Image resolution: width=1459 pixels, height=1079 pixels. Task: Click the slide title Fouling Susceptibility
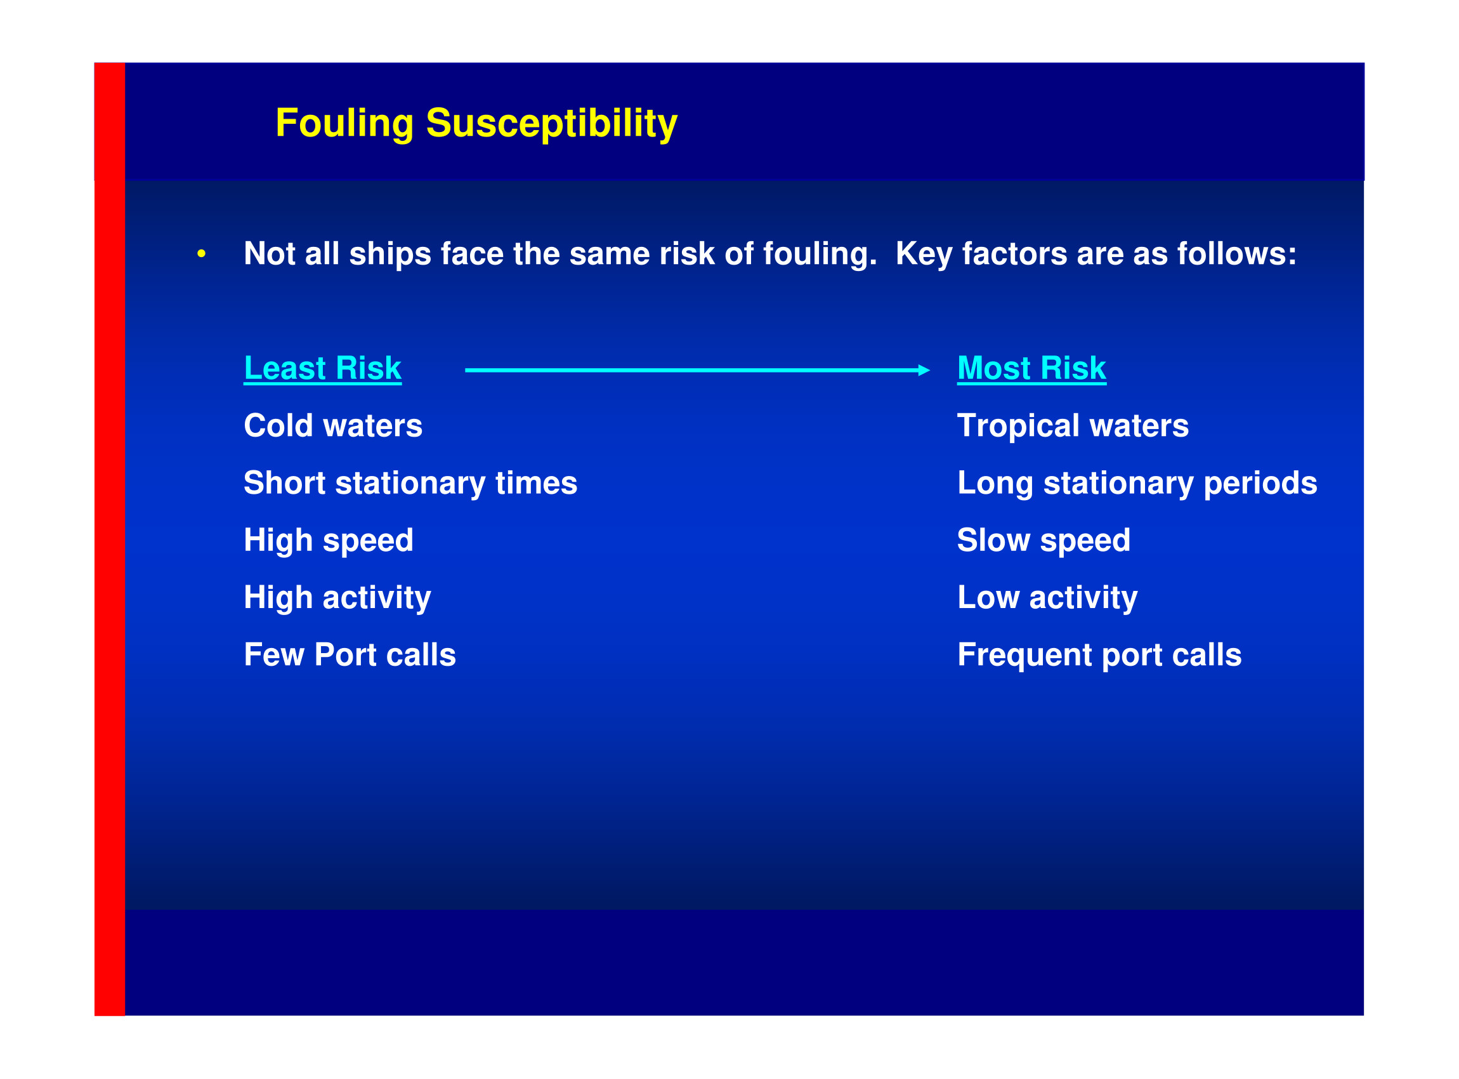(x=476, y=123)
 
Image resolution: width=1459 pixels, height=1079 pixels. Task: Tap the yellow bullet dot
(x=202, y=253)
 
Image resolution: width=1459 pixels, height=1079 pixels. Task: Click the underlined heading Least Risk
(x=322, y=368)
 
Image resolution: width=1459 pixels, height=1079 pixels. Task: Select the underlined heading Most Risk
(x=1031, y=368)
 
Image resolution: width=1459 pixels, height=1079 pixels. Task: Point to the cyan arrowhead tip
(x=929, y=370)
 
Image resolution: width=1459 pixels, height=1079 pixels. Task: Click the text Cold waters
(x=333, y=426)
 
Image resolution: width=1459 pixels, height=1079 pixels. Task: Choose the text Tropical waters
(x=1073, y=427)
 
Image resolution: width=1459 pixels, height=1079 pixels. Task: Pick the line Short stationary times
(x=410, y=484)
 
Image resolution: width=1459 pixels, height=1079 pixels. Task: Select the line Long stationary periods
(x=1137, y=484)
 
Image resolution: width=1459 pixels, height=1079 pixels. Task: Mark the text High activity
(x=337, y=599)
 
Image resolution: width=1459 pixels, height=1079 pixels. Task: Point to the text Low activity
(x=1047, y=599)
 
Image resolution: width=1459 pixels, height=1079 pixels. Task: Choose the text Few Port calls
(x=350, y=655)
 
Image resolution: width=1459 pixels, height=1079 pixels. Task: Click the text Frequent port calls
(x=1099, y=656)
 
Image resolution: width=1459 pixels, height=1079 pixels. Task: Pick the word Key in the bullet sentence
(x=924, y=255)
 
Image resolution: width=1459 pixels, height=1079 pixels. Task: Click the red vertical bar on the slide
(x=110, y=539)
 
